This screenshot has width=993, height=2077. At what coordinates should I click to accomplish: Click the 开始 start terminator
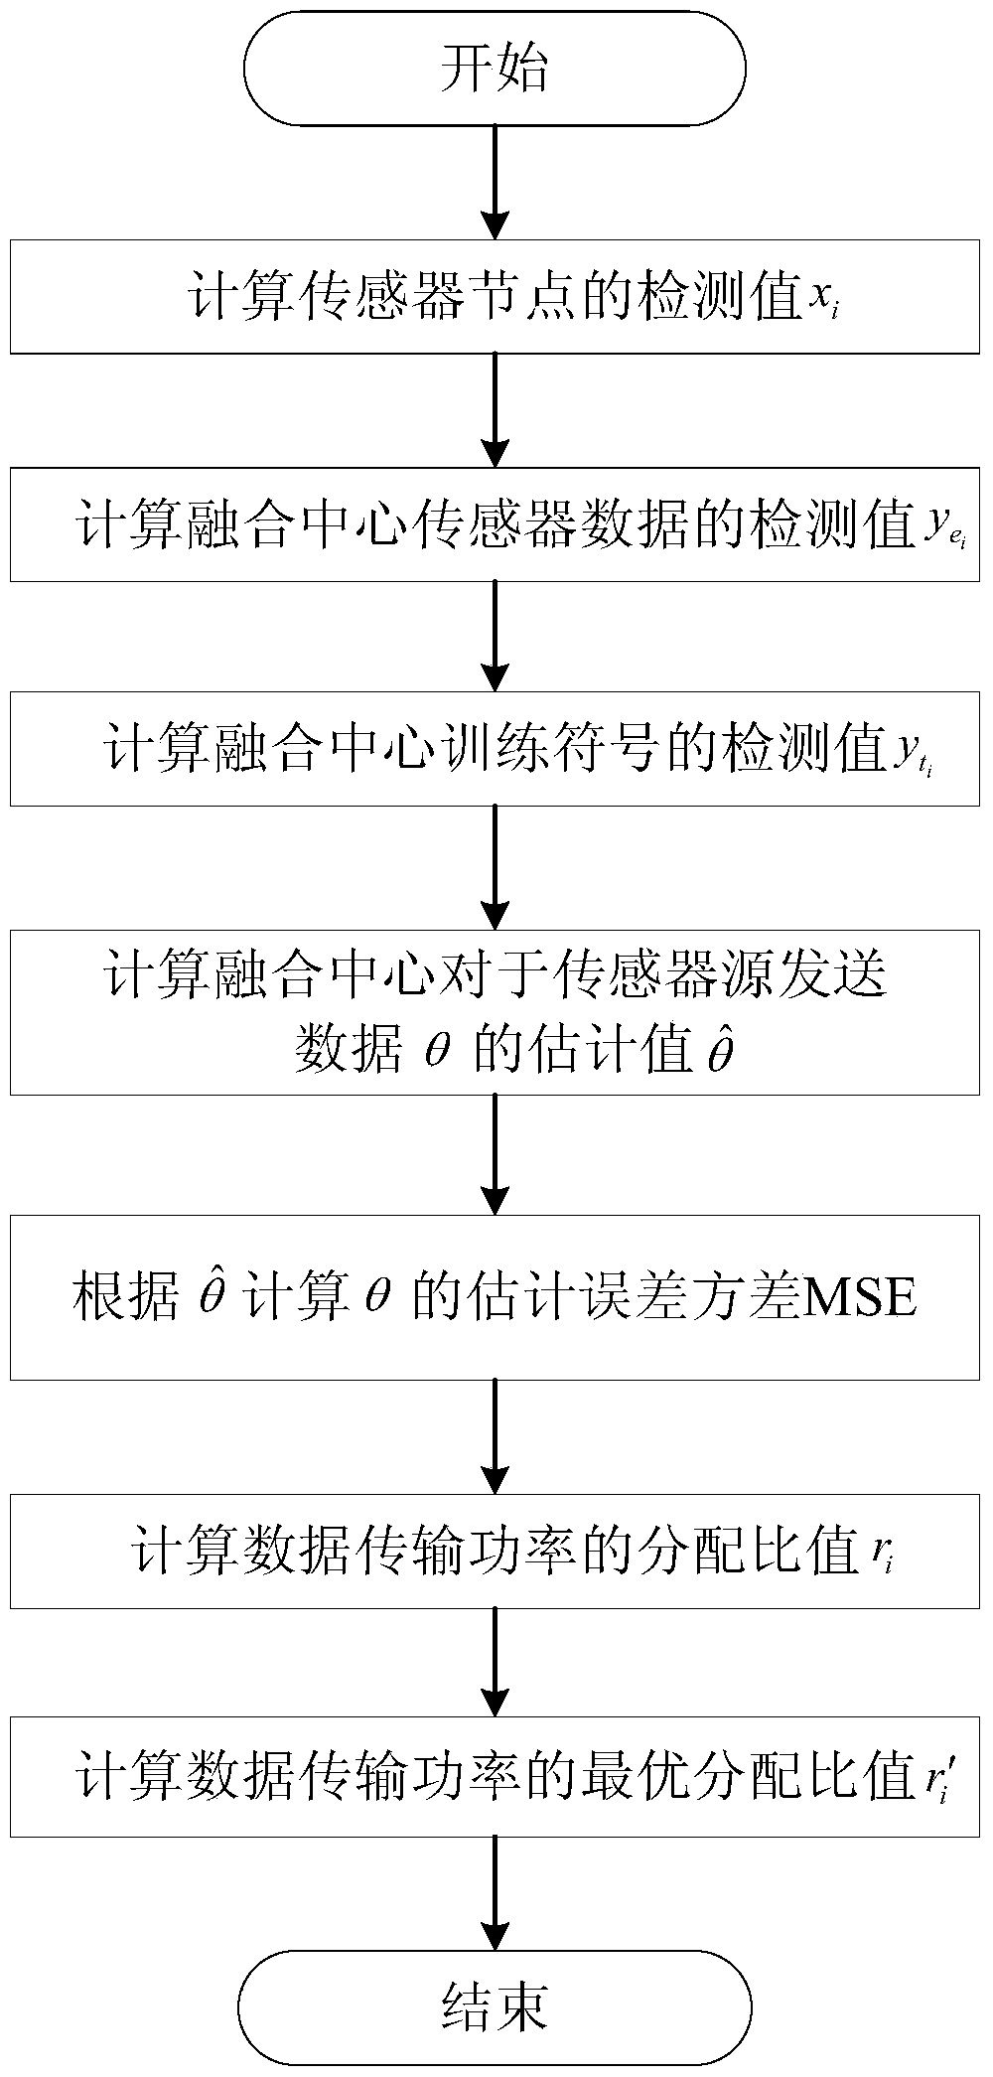pos(495,70)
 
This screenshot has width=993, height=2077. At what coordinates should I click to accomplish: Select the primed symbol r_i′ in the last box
pos(935,1778)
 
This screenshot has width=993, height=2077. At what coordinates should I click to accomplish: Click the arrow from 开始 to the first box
pos(495,183)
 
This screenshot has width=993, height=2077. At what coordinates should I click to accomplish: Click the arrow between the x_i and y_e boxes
pos(495,409)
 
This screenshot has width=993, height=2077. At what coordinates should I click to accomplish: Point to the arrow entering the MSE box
pos(495,1154)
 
